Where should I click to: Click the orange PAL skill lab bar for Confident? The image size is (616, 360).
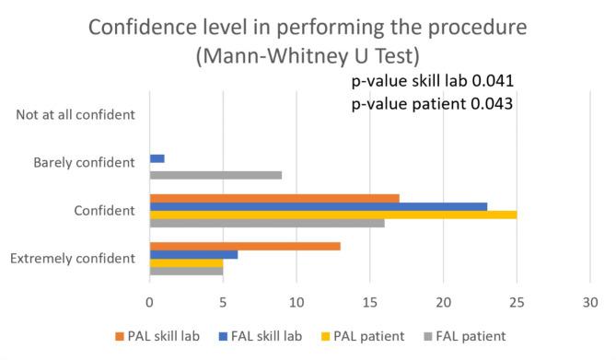point(274,197)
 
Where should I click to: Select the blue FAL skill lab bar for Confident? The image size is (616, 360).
point(319,206)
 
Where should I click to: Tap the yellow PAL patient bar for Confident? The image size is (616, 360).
point(333,215)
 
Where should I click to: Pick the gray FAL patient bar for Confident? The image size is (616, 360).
point(267,224)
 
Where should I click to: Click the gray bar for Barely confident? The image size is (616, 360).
point(215,175)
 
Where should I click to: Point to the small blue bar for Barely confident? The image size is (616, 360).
point(157,158)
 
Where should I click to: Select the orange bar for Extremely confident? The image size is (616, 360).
point(245,246)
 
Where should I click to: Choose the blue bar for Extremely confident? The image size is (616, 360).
point(193,255)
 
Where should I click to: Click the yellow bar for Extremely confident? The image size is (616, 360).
point(186,263)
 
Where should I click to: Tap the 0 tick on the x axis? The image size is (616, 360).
point(150,300)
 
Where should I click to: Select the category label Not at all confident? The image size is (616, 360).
point(76,116)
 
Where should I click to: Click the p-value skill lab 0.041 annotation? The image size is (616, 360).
point(432,82)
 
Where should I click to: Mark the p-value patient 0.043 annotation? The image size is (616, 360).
point(432,104)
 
